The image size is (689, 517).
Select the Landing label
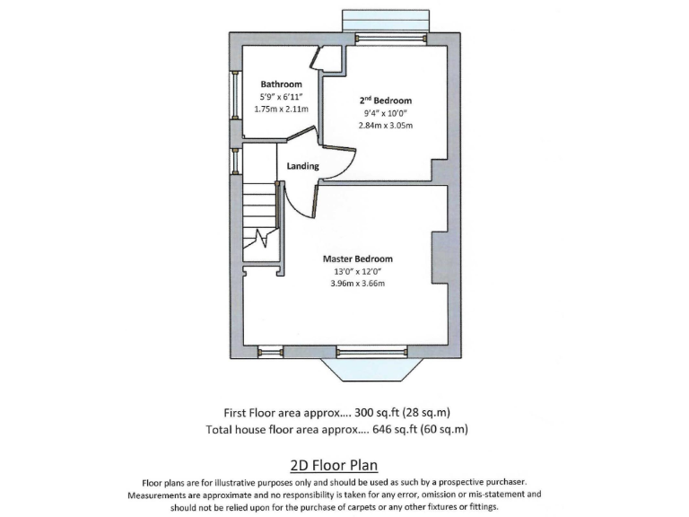[x=302, y=166]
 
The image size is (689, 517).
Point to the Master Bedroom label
[x=357, y=258]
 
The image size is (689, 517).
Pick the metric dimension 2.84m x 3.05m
[x=384, y=126]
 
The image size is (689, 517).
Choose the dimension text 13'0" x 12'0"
[x=357, y=272]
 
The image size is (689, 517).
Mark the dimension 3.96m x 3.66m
[x=357, y=285]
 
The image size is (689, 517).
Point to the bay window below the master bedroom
[x=369, y=366]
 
